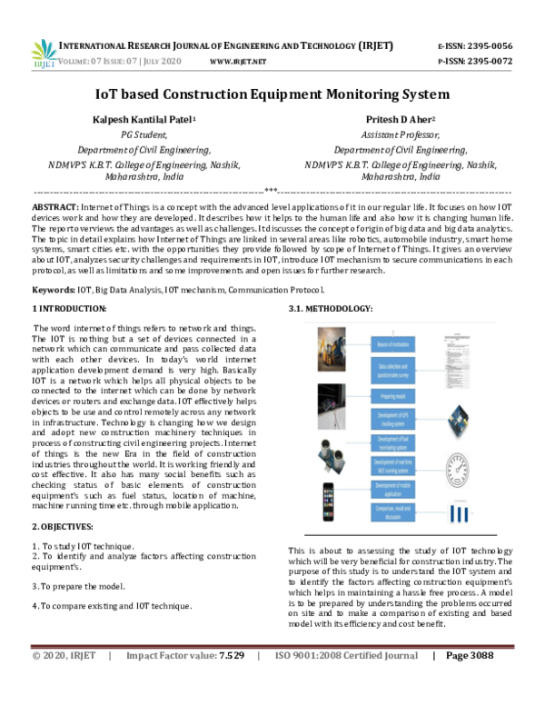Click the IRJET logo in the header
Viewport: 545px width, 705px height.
[x=44, y=53]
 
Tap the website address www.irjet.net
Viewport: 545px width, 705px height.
[x=237, y=62]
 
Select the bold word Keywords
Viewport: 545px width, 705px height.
[x=54, y=289]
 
